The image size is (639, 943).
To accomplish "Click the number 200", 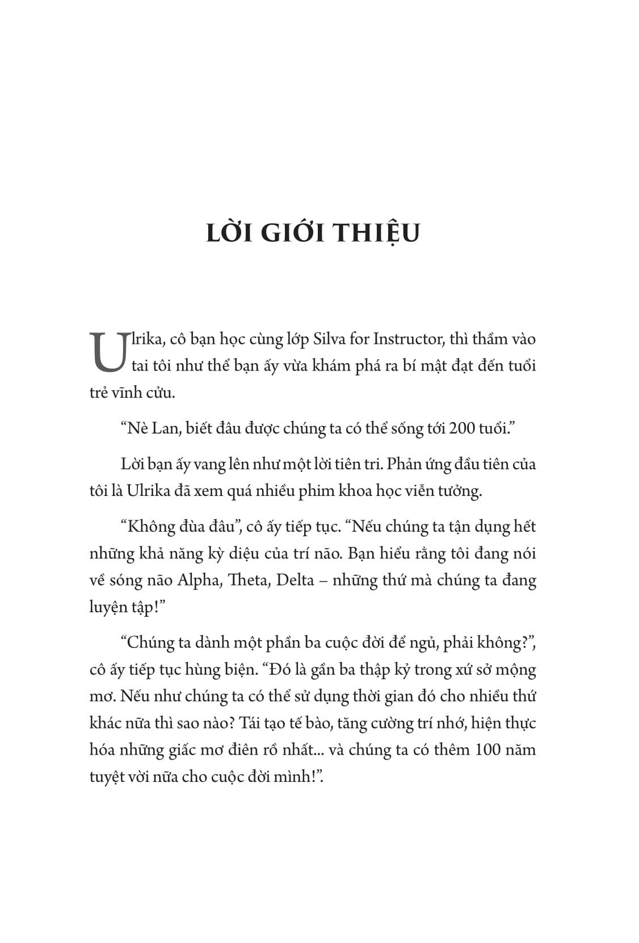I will click(460, 428).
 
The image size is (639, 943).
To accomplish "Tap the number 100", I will click(484, 750).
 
